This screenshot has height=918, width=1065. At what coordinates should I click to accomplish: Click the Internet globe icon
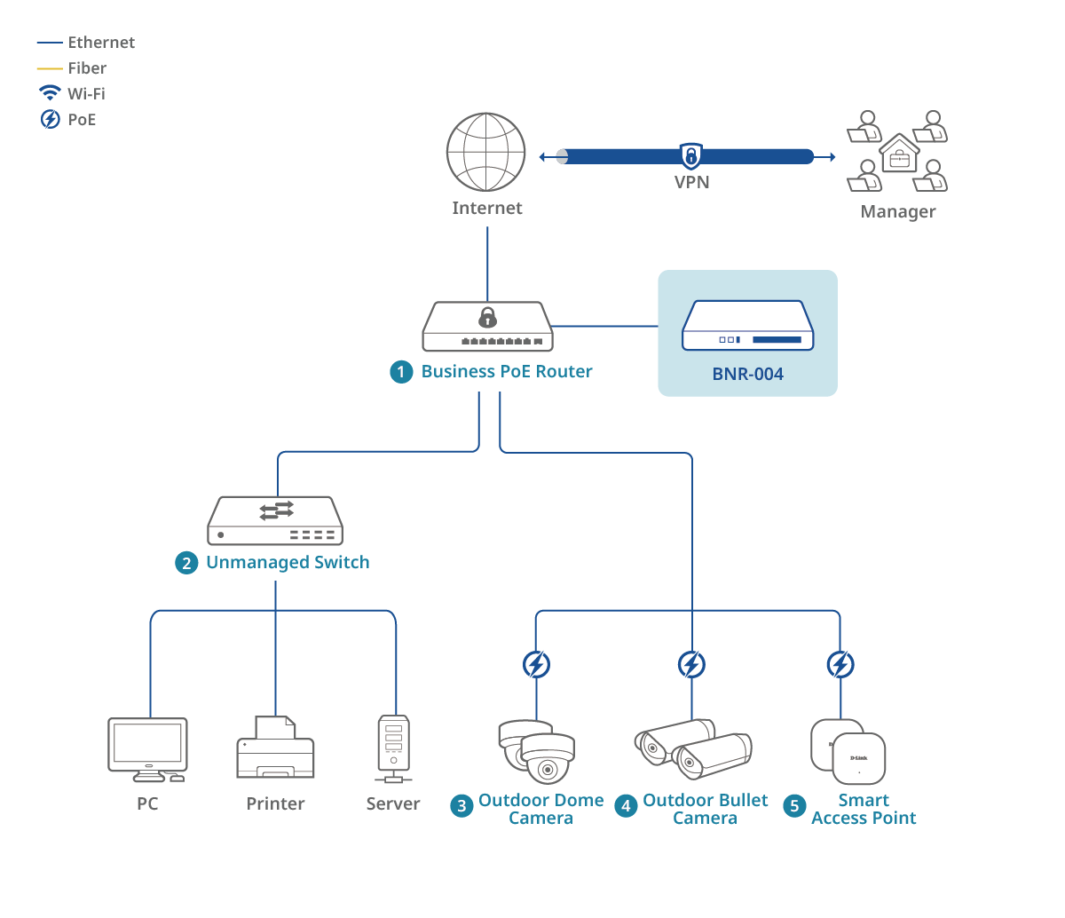(486, 152)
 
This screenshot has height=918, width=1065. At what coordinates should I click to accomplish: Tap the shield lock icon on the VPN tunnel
(690, 156)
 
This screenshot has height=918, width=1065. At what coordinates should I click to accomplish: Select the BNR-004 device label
(747, 374)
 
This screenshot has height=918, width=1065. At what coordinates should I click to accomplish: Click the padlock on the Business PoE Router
(487, 317)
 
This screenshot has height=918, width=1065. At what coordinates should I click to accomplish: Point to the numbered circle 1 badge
(401, 372)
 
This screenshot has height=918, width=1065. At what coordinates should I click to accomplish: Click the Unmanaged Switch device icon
(275, 520)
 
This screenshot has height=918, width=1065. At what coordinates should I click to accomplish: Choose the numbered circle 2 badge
(186, 563)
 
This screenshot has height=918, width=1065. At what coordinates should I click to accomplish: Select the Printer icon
(275, 748)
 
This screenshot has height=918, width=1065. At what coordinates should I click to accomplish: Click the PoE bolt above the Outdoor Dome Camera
(536, 664)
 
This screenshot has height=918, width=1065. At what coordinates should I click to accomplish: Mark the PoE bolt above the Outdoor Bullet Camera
(691, 664)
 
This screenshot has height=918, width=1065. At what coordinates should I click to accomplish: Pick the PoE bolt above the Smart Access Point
(840, 664)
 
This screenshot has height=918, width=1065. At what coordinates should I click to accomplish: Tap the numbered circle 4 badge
(627, 806)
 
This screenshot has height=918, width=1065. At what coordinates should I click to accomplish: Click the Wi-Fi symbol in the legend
(50, 92)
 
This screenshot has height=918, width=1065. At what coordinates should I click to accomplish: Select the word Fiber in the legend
(87, 68)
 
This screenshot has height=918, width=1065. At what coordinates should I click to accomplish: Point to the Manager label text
(897, 212)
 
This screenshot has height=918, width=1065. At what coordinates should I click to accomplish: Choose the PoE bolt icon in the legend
(50, 119)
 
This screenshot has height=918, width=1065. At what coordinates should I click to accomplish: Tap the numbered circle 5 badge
(795, 806)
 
